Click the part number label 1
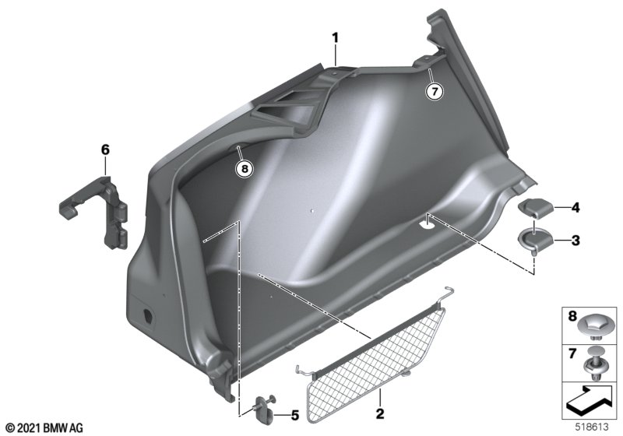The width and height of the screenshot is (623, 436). pyautogui.click(x=336, y=38)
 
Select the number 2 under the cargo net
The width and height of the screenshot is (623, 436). pyautogui.click(x=380, y=413)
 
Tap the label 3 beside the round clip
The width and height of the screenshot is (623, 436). pyautogui.click(x=575, y=241)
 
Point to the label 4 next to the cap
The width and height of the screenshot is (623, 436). pyautogui.click(x=575, y=207)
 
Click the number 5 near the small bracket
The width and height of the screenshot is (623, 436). pyautogui.click(x=294, y=415)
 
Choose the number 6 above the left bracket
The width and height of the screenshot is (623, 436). pyautogui.click(x=105, y=149)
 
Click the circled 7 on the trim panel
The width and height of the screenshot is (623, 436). pyautogui.click(x=435, y=92)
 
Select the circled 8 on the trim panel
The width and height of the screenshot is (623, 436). pyautogui.click(x=245, y=169)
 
